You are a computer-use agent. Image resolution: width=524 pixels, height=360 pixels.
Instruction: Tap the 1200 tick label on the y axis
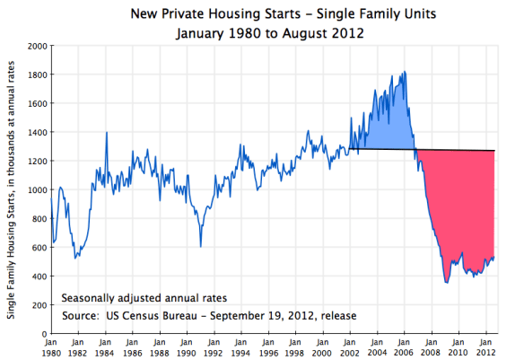[x=38, y=161]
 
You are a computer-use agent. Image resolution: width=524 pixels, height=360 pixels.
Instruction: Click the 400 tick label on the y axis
[x=40, y=276]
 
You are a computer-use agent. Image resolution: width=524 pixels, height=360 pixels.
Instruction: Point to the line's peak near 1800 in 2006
[x=406, y=72]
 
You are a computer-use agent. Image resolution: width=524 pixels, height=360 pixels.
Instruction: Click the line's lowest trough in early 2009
[x=446, y=283]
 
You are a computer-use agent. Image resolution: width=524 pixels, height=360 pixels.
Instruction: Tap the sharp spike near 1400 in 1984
[x=107, y=132]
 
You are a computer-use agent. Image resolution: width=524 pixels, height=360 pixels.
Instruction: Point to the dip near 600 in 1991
[x=201, y=246]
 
